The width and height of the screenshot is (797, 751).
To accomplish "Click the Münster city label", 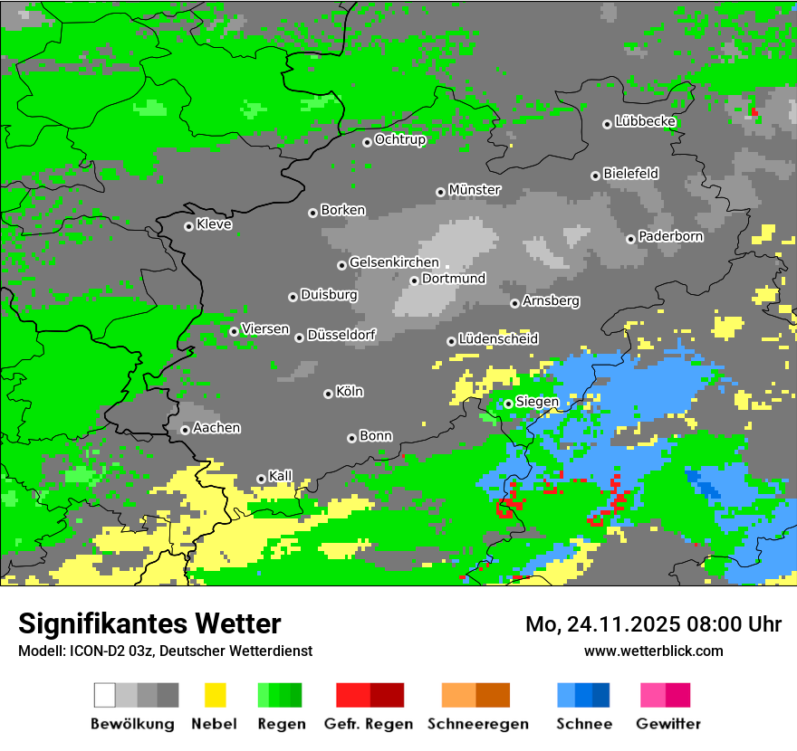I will tap(475, 190).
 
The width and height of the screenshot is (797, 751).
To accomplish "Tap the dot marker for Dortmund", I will tap(414, 280).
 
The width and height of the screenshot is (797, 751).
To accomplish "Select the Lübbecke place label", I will tap(646, 121).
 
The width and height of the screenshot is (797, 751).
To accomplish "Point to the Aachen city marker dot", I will tap(185, 430).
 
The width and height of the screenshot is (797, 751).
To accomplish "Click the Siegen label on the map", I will tap(537, 402).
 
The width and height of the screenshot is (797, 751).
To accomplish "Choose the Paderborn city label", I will tap(670, 236).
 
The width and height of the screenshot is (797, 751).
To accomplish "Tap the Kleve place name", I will tap(215, 224).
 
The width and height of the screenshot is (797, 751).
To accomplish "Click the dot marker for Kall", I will tap(261, 479).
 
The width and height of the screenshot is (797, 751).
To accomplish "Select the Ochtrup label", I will tap(400, 139).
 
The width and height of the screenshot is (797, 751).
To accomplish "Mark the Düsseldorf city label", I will tap(341, 335).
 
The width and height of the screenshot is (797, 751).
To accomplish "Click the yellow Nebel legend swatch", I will tap(215, 695).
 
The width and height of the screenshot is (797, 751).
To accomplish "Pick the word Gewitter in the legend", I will tap(668, 724).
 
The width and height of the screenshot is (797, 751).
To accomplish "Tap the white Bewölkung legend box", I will tap(105, 695).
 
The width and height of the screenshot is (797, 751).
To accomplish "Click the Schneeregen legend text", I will tap(478, 724).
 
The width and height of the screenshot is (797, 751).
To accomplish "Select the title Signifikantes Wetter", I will tap(149, 623).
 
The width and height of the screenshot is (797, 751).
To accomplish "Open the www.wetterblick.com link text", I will tap(654, 651).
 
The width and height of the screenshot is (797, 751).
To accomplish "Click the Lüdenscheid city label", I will tap(498, 338).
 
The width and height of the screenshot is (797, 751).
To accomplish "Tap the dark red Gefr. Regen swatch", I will tap(387, 695).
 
